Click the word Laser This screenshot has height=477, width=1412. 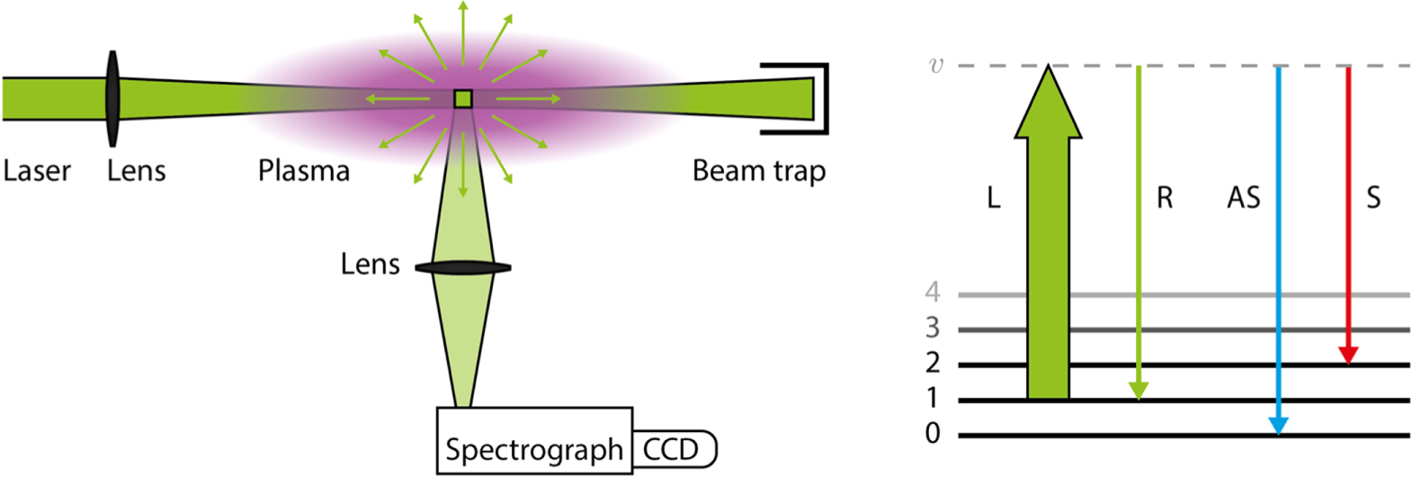click(37, 170)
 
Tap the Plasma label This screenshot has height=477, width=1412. click(303, 170)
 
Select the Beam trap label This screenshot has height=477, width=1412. click(758, 170)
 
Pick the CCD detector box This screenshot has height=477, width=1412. click(673, 449)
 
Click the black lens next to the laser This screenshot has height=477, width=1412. click(112, 98)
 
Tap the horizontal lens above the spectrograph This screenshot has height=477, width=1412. click(463, 267)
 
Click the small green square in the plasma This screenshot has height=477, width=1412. click(462, 98)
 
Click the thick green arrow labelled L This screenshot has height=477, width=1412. click(1048, 243)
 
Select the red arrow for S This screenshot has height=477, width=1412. click(1347, 207)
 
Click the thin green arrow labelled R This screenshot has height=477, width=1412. click(1139, 225)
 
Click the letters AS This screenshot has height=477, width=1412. click(1243, 197)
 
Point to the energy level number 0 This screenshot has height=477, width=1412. click(933, 434)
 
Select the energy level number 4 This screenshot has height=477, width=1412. click(933, 292)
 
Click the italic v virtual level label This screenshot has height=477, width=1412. click(936, 65)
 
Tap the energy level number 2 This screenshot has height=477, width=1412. click(933, 363)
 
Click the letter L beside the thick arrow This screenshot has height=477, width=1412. click(993, 197)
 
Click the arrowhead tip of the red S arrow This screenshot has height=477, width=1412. click(1347, 359)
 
